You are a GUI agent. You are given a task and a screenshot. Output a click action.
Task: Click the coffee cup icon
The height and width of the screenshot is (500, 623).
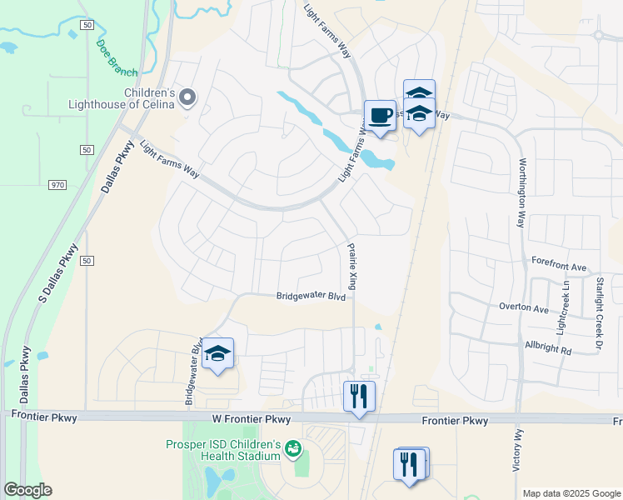tap(380, 115)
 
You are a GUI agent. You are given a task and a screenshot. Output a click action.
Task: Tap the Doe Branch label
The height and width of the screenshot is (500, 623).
tap(117, 57)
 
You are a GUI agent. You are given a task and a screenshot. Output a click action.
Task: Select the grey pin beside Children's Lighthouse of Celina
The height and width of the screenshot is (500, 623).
tap(187, 98)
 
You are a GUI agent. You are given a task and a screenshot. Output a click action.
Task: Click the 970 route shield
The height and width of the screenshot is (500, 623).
tap(57, 184)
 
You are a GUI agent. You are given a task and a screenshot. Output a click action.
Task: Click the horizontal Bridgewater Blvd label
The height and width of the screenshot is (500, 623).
tap(311, 296)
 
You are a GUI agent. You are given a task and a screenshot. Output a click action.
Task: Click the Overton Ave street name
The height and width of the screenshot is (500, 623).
tap(523, 308)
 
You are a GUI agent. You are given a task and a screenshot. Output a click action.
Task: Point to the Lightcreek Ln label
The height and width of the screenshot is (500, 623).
tap(566, 302)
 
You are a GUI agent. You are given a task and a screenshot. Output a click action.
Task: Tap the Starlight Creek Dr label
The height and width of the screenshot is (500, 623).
tap(598, 302)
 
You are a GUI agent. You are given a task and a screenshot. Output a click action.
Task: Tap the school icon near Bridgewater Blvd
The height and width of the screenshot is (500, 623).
tap(217, 353)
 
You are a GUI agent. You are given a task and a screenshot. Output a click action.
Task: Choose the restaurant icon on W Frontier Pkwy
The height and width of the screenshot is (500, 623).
tap(360, 395)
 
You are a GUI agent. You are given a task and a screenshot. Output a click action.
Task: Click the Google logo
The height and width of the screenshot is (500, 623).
tap(27, 490)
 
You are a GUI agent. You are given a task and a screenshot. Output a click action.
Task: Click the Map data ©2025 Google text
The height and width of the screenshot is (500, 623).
tap(571, 493)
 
